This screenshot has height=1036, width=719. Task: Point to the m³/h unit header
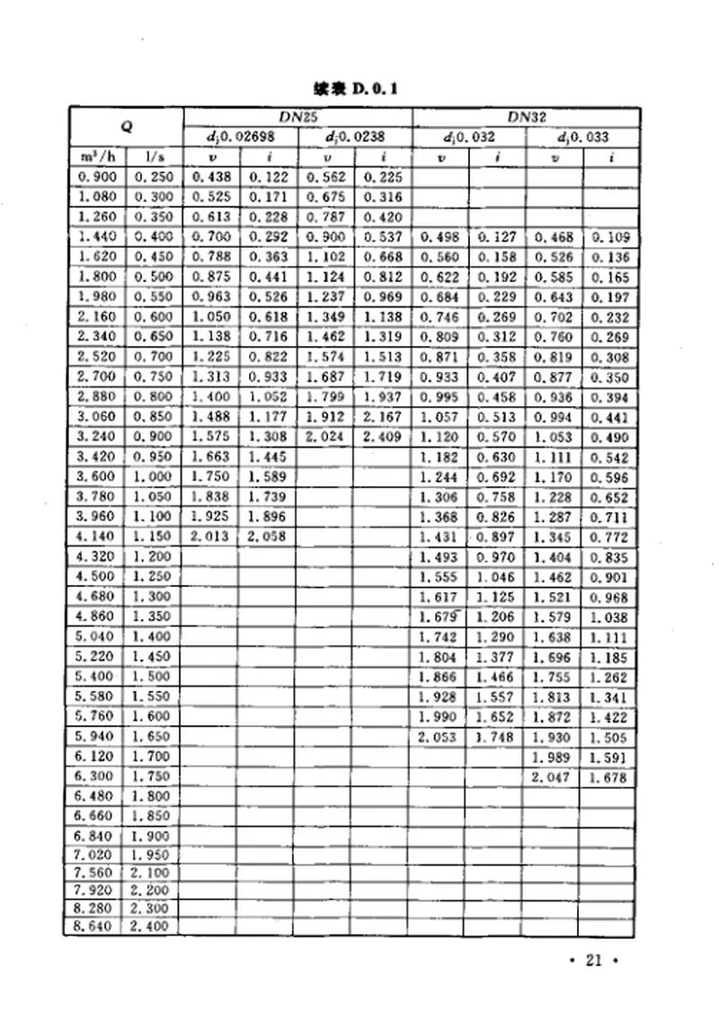(x=94, y=157)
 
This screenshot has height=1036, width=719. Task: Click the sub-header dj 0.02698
(x=238, y=137)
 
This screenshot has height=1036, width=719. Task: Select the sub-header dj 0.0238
(x=354, y=137)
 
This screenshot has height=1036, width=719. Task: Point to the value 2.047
(x=551, y=777)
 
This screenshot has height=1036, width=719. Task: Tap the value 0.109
(x=610, y=237)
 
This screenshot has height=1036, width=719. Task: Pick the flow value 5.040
(x=94, y=636)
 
